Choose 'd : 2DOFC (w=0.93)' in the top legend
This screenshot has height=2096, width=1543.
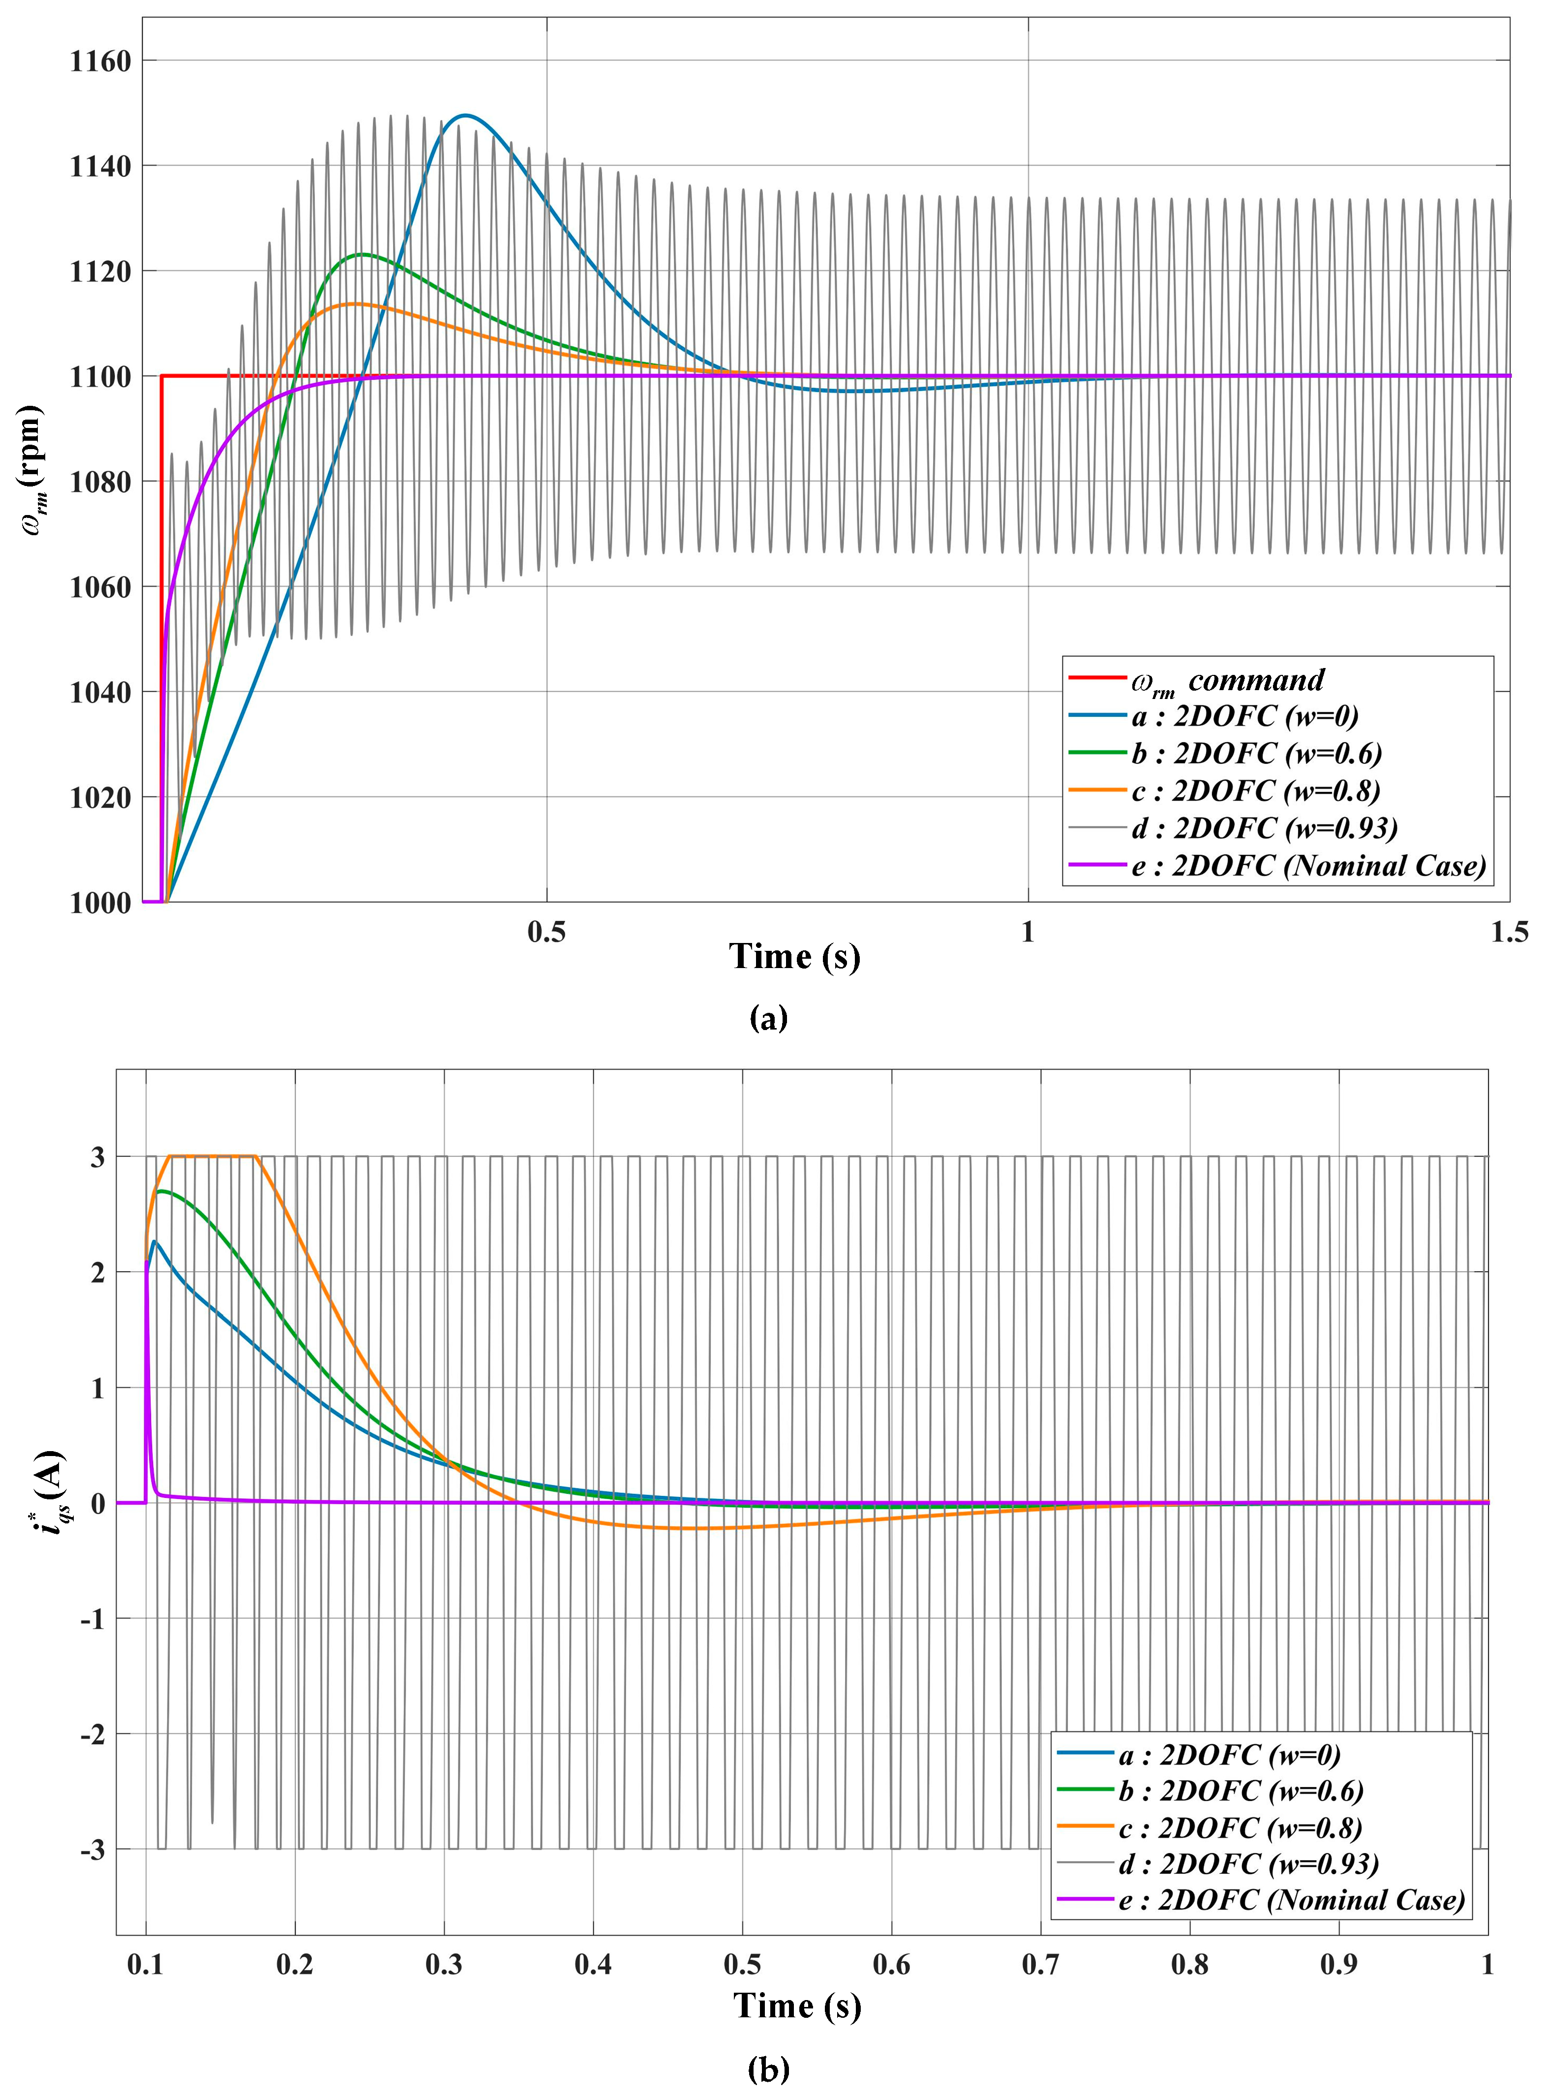point(1264,828)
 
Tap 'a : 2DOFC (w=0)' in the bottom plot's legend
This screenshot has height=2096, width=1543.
point(1229,1755)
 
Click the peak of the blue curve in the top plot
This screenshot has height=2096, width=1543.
point(464,116)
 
